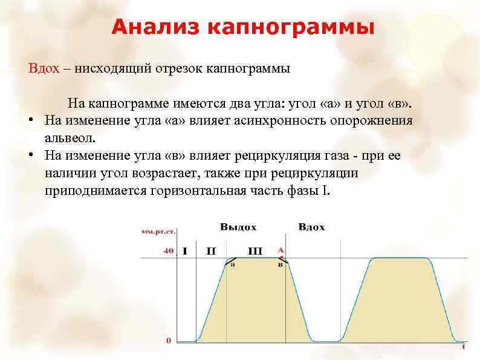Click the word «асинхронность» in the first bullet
[x=284, y=120]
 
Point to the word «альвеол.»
[x=70, y=137]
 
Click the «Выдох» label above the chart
[x=238, y=227]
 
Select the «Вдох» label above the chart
[x=311, y=227]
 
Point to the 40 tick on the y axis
[x=169, y=251]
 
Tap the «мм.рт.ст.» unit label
[x=155, y=231]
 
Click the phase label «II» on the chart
[x=211, y=250]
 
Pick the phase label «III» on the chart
[x=255, y=250]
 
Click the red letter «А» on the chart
[x=280, y=249]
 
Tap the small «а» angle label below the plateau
[x=233, y=264]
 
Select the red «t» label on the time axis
[x=463, y=347]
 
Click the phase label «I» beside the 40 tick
[x=184, y=250]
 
